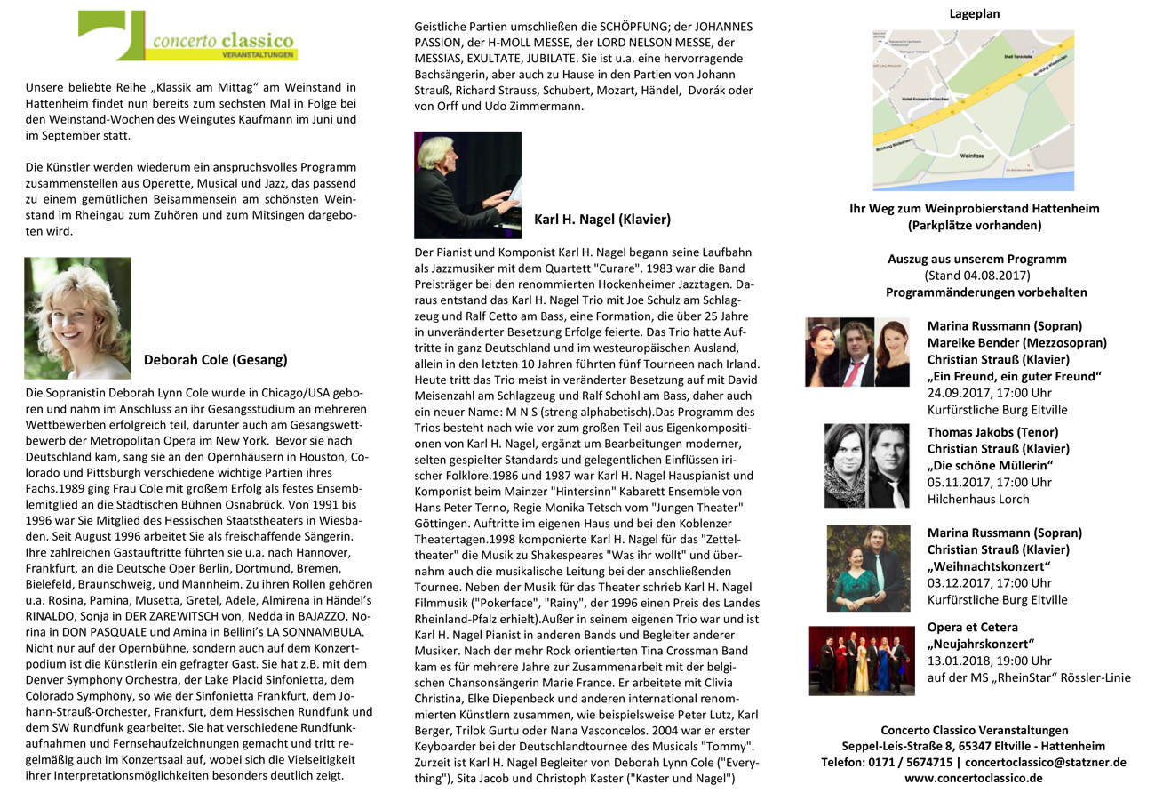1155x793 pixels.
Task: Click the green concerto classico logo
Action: coord(187,36)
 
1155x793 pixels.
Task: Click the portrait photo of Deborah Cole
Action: coord(78,317)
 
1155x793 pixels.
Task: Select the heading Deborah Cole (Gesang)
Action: coord(215,360)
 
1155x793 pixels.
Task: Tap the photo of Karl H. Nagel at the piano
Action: coord(467,185)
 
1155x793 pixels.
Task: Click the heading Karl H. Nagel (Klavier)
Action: coord(602,219)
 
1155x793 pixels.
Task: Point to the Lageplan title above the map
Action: coord(974,14)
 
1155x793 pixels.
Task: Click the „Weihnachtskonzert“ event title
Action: coord(989,566)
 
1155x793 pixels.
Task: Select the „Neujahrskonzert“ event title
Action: coord(981,644)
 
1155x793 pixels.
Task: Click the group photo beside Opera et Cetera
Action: coord(861,661)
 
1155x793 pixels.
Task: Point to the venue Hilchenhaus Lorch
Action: coord(978,499)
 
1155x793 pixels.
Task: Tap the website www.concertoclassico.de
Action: coord(974,778)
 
